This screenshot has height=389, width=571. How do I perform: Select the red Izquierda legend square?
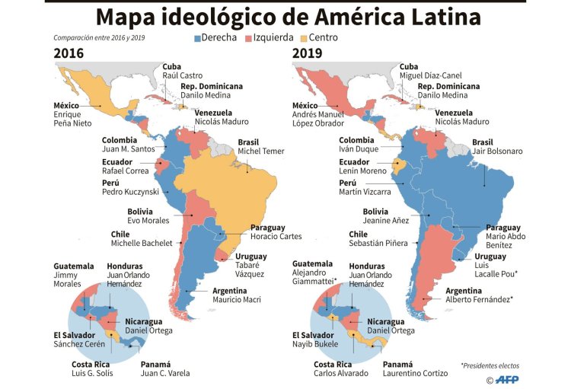[x=248, y=37]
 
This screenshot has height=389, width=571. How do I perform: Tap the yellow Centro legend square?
[x=302, y=37]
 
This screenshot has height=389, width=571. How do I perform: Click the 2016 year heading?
[x=69, y=53]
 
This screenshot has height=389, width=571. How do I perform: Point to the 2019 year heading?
[x=308, y=53]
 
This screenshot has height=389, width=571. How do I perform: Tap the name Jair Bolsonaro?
[x=497, y=151]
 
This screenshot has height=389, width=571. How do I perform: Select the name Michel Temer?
[x=260, y=151]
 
